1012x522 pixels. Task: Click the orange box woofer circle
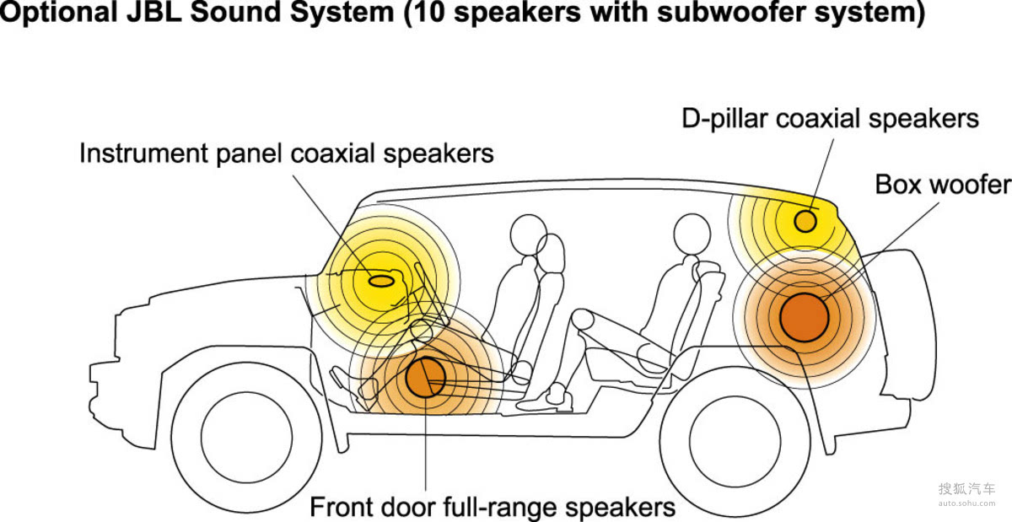(x=804, y=317)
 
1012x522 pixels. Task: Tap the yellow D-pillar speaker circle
(x=806, y=221)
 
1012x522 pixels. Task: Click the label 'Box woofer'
(x=942, y=185)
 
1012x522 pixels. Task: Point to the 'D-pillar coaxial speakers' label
(x=831, y=119)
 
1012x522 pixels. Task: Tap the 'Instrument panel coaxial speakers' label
(x=287, y=153)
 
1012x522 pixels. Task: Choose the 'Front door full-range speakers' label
(x=493, y=508)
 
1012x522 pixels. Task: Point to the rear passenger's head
(x=692, y=234)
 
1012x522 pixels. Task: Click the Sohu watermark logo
(x=966, y=492)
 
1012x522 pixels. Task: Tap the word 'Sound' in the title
(x=244, y=14)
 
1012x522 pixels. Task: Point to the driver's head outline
(x=529, y=234)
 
